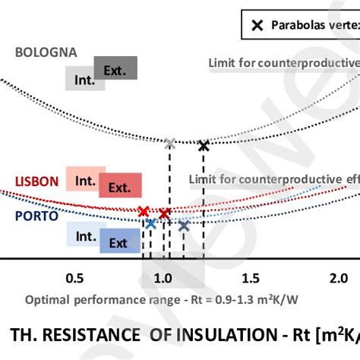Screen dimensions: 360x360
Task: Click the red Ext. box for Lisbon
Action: point(118,186)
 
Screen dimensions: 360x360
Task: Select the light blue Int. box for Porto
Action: point(84,236)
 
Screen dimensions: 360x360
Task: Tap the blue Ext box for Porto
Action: point(118,242)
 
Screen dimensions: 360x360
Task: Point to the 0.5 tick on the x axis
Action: point(74,278)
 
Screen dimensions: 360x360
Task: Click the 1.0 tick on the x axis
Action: point(163,278)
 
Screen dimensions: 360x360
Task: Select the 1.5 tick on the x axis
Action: point(251,278)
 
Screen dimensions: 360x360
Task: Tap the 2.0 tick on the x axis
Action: point(338,278)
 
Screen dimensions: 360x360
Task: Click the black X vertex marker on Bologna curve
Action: point(203,146)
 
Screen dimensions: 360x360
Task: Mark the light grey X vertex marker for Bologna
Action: point(170,142)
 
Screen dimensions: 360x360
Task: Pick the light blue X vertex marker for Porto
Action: point(151,223)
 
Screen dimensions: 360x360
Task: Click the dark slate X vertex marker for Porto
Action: point(183,225)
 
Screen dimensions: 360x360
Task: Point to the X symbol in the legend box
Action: point(257,25)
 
